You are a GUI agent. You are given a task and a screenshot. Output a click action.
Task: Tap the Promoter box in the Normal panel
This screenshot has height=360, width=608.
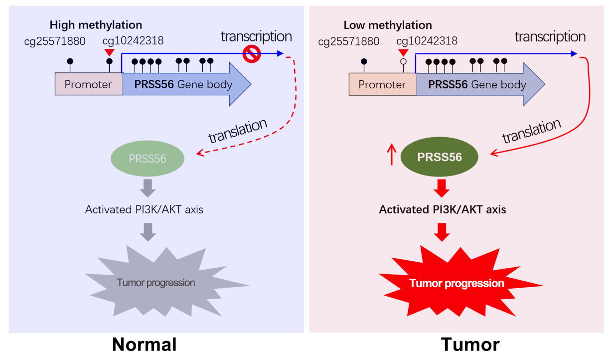point(88,84)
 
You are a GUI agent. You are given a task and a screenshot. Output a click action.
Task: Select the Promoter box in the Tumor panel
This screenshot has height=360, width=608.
point(382,84)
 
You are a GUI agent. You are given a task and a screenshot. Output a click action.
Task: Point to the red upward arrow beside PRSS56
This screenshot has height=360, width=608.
point(391,155)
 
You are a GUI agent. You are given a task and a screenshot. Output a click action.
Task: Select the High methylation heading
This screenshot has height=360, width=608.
point(96,25)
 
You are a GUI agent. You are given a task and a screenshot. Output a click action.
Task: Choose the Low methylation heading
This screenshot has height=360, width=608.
point(388,25)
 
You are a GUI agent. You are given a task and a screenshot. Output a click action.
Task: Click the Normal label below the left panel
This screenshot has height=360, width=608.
point(145,345)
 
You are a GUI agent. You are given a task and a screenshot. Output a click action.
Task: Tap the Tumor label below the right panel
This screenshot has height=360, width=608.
point(470,345)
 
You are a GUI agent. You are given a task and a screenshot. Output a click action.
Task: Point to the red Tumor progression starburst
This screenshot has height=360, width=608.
point(456,283)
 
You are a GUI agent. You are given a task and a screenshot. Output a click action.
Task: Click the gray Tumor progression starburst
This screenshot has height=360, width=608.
point(156,283)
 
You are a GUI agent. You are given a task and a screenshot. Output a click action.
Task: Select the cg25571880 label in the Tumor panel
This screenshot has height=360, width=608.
point(348,41)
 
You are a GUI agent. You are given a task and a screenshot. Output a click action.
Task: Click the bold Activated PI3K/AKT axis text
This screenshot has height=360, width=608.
point(443,209)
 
